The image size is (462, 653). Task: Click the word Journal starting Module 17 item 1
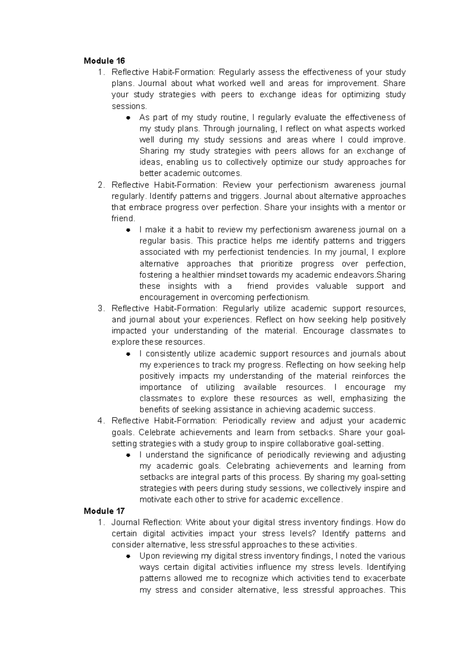point(126,522)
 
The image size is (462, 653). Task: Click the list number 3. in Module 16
point(101,308)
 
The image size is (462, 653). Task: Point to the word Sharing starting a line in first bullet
point(154,151)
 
